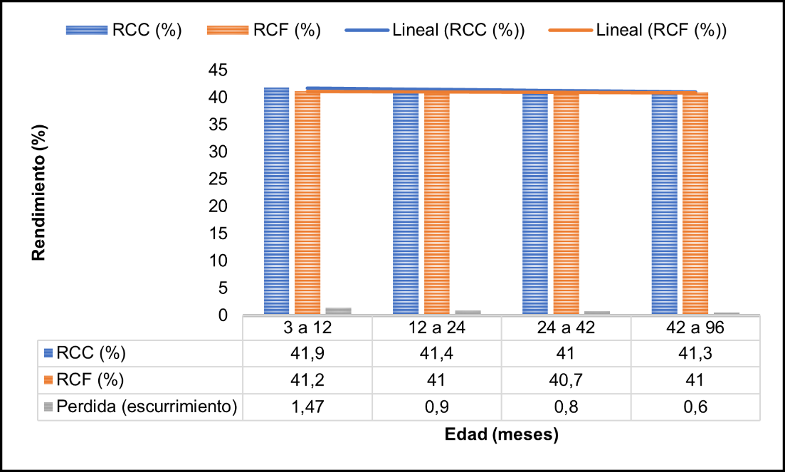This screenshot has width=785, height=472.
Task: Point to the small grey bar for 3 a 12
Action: click(x=338, y=310)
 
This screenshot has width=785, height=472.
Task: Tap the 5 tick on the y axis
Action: click(x=222, y=288)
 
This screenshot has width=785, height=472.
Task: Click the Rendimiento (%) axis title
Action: click(x=40, y=193)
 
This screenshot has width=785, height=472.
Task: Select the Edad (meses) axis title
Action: click(x=501, y=434)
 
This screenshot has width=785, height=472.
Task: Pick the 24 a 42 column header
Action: click(x=566, y=328)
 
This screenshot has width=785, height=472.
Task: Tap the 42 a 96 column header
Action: click(x=695, y=328)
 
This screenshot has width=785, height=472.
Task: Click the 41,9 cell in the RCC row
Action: click(x=307, y=354)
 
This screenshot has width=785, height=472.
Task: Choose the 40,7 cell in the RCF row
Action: click(x=566, y=380)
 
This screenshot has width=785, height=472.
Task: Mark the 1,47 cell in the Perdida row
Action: click(x=307, y=407)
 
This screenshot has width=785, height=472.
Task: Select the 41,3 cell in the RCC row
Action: click(x=695, y=354)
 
